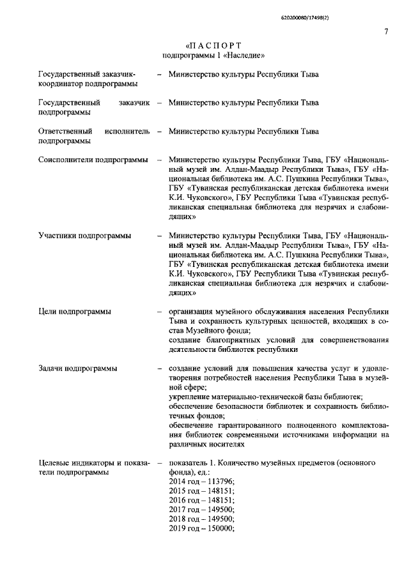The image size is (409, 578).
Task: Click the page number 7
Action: point(387,32)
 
